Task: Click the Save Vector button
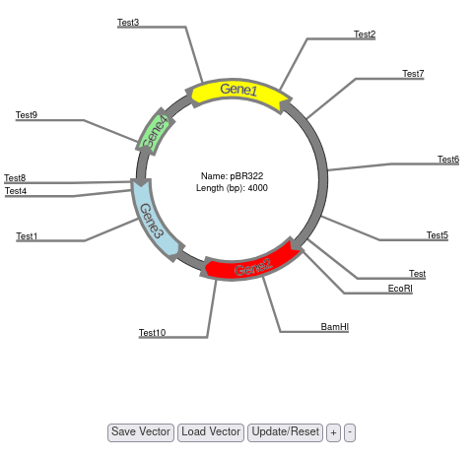[x=141, y=432]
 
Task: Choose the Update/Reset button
[x=286, y=432]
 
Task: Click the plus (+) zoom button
[x=333, y=432]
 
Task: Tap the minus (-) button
[x=350, y=432]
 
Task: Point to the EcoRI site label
[x=400, y=289]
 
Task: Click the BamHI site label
[x=334, y=327]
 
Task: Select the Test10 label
[x=152, y=333]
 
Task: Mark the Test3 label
[x=128, y=23]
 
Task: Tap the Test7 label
[x=413, y=74]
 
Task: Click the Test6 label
[x=448, y=160]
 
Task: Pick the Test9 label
[x=27, y=115]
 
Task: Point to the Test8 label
[x=15, y=178]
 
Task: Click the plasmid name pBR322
[x=246, y=176]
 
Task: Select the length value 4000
[x=258, y=188]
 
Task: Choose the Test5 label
[x=438, y=235]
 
